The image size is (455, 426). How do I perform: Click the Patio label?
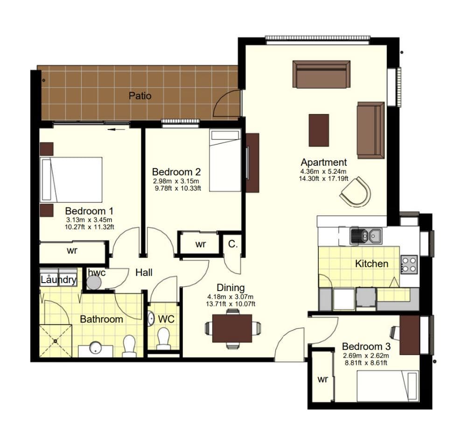click(x=140, y=96)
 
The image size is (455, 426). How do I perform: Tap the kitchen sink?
click(x=366, y=235)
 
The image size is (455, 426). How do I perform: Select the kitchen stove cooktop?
click(x=409, y=264)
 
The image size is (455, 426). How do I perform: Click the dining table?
click(x=232, y=328)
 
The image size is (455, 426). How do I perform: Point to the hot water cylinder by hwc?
click(x=94, y=282)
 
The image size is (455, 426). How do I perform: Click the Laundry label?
click(x=58, y=280)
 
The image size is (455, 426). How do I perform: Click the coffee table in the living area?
click(x=319, y=130)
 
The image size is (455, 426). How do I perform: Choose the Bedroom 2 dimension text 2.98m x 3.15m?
click(x=176, y=181)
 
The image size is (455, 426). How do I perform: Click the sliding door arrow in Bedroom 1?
click(x=116, y=129)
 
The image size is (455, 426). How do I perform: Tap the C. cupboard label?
click(x=233, y=244)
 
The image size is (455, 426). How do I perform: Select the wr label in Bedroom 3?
click(x=322, y=379)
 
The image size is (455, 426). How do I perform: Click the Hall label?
click(x=144, y=272)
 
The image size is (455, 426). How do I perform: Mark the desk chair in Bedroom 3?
click(x=395, y=332)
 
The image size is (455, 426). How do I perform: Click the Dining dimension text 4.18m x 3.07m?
click(x=231, y=297)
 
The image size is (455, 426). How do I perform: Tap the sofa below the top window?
click(x=321, y=74)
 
